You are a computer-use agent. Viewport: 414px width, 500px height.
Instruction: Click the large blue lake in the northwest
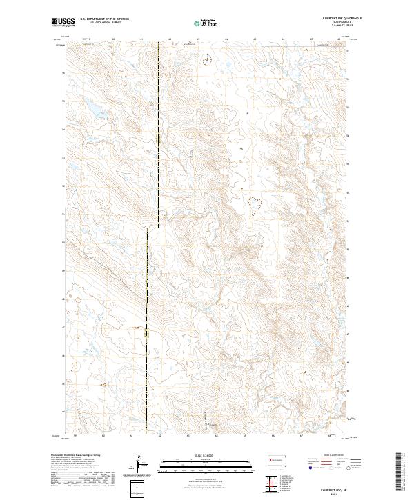(x=90, y=106)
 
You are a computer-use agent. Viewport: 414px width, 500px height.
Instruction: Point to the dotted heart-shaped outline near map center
(x=254, y=203)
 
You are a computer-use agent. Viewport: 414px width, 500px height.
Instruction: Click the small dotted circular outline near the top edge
(x=207, y=60)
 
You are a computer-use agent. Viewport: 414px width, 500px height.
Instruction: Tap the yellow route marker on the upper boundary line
(x=158, y=140)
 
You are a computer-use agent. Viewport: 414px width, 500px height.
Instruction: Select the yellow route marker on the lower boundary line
(x=146, y=334)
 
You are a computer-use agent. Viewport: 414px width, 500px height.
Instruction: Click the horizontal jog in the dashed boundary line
(x=152, y=228)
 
